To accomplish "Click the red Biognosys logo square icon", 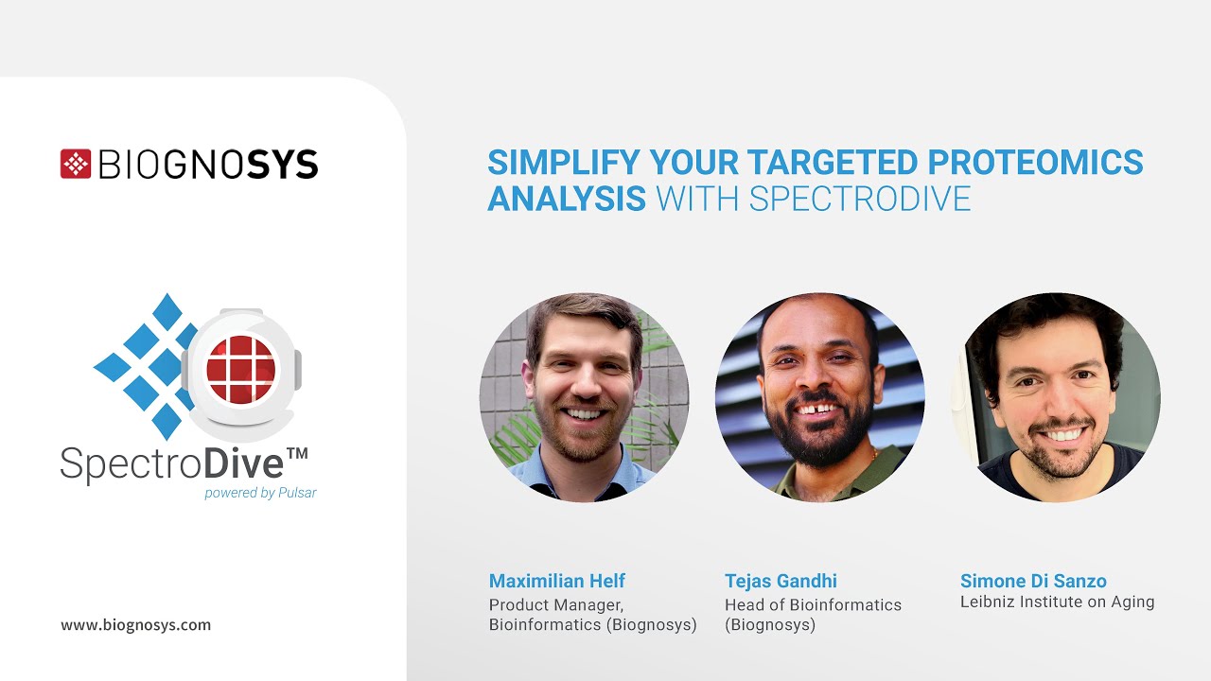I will tap(76, 164).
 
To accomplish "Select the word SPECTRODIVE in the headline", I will tap(860, 199).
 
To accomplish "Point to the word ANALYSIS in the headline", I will tap(567, 199).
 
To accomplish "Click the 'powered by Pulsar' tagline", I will tap(260, 493).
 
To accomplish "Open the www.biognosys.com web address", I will tap(136, 625).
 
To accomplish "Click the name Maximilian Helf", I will tap(557, 581).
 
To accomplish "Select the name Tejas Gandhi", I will tap(781, 581).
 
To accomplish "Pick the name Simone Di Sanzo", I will tap(1033, 581).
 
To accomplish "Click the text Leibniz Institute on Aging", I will tap(1057, 602).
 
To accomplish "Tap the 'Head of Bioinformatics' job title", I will tap(813, 604).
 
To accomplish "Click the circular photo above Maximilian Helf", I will tap(585, 397).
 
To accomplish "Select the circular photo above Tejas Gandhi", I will tap(819, 397).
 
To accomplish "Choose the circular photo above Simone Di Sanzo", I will tap(1055, 397).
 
